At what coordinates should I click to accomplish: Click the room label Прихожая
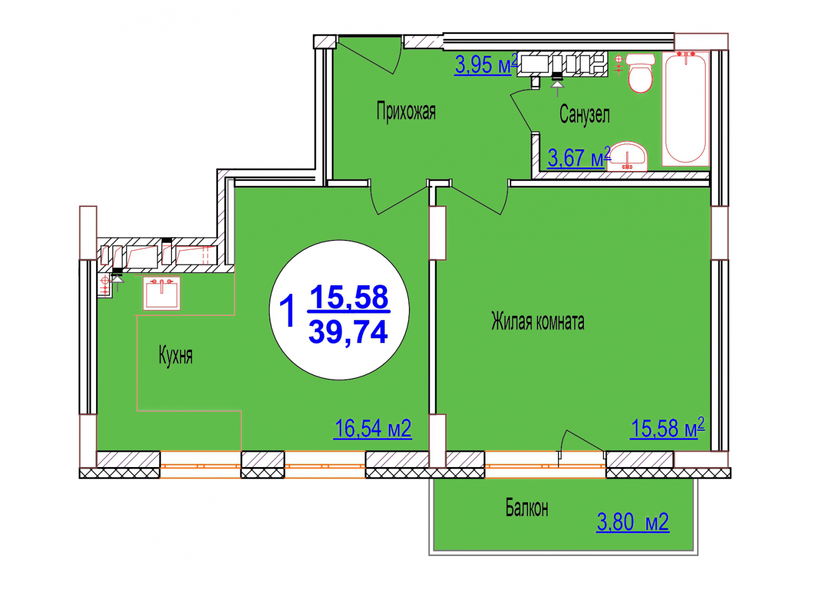pyautogui.click(x=406, y=112)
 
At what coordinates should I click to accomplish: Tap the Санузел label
pyautogui.click(x=584, y=114)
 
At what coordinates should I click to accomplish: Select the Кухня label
pyautogui.click(x=175, y=355)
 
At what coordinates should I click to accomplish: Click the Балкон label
pyautogui.click(x=527, y=508)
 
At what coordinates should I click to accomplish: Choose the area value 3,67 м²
pyautogui.click(x=579, y=157)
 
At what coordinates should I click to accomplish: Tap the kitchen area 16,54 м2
pyautogui.click(x=373, y=429)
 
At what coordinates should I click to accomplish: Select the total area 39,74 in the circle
pyautogui.click(x=348, y=332)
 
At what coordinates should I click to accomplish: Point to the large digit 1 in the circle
pyautogui.click(x=287, y=310)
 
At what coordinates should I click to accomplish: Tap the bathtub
pyautogui.click(x=685, y=108)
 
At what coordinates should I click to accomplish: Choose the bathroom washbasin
pyautogui.click(x=627, y=156)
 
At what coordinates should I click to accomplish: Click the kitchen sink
pyautogui.click(x=161, y=293)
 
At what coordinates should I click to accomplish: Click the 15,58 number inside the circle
pyautogui.click(x=349, y=297)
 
